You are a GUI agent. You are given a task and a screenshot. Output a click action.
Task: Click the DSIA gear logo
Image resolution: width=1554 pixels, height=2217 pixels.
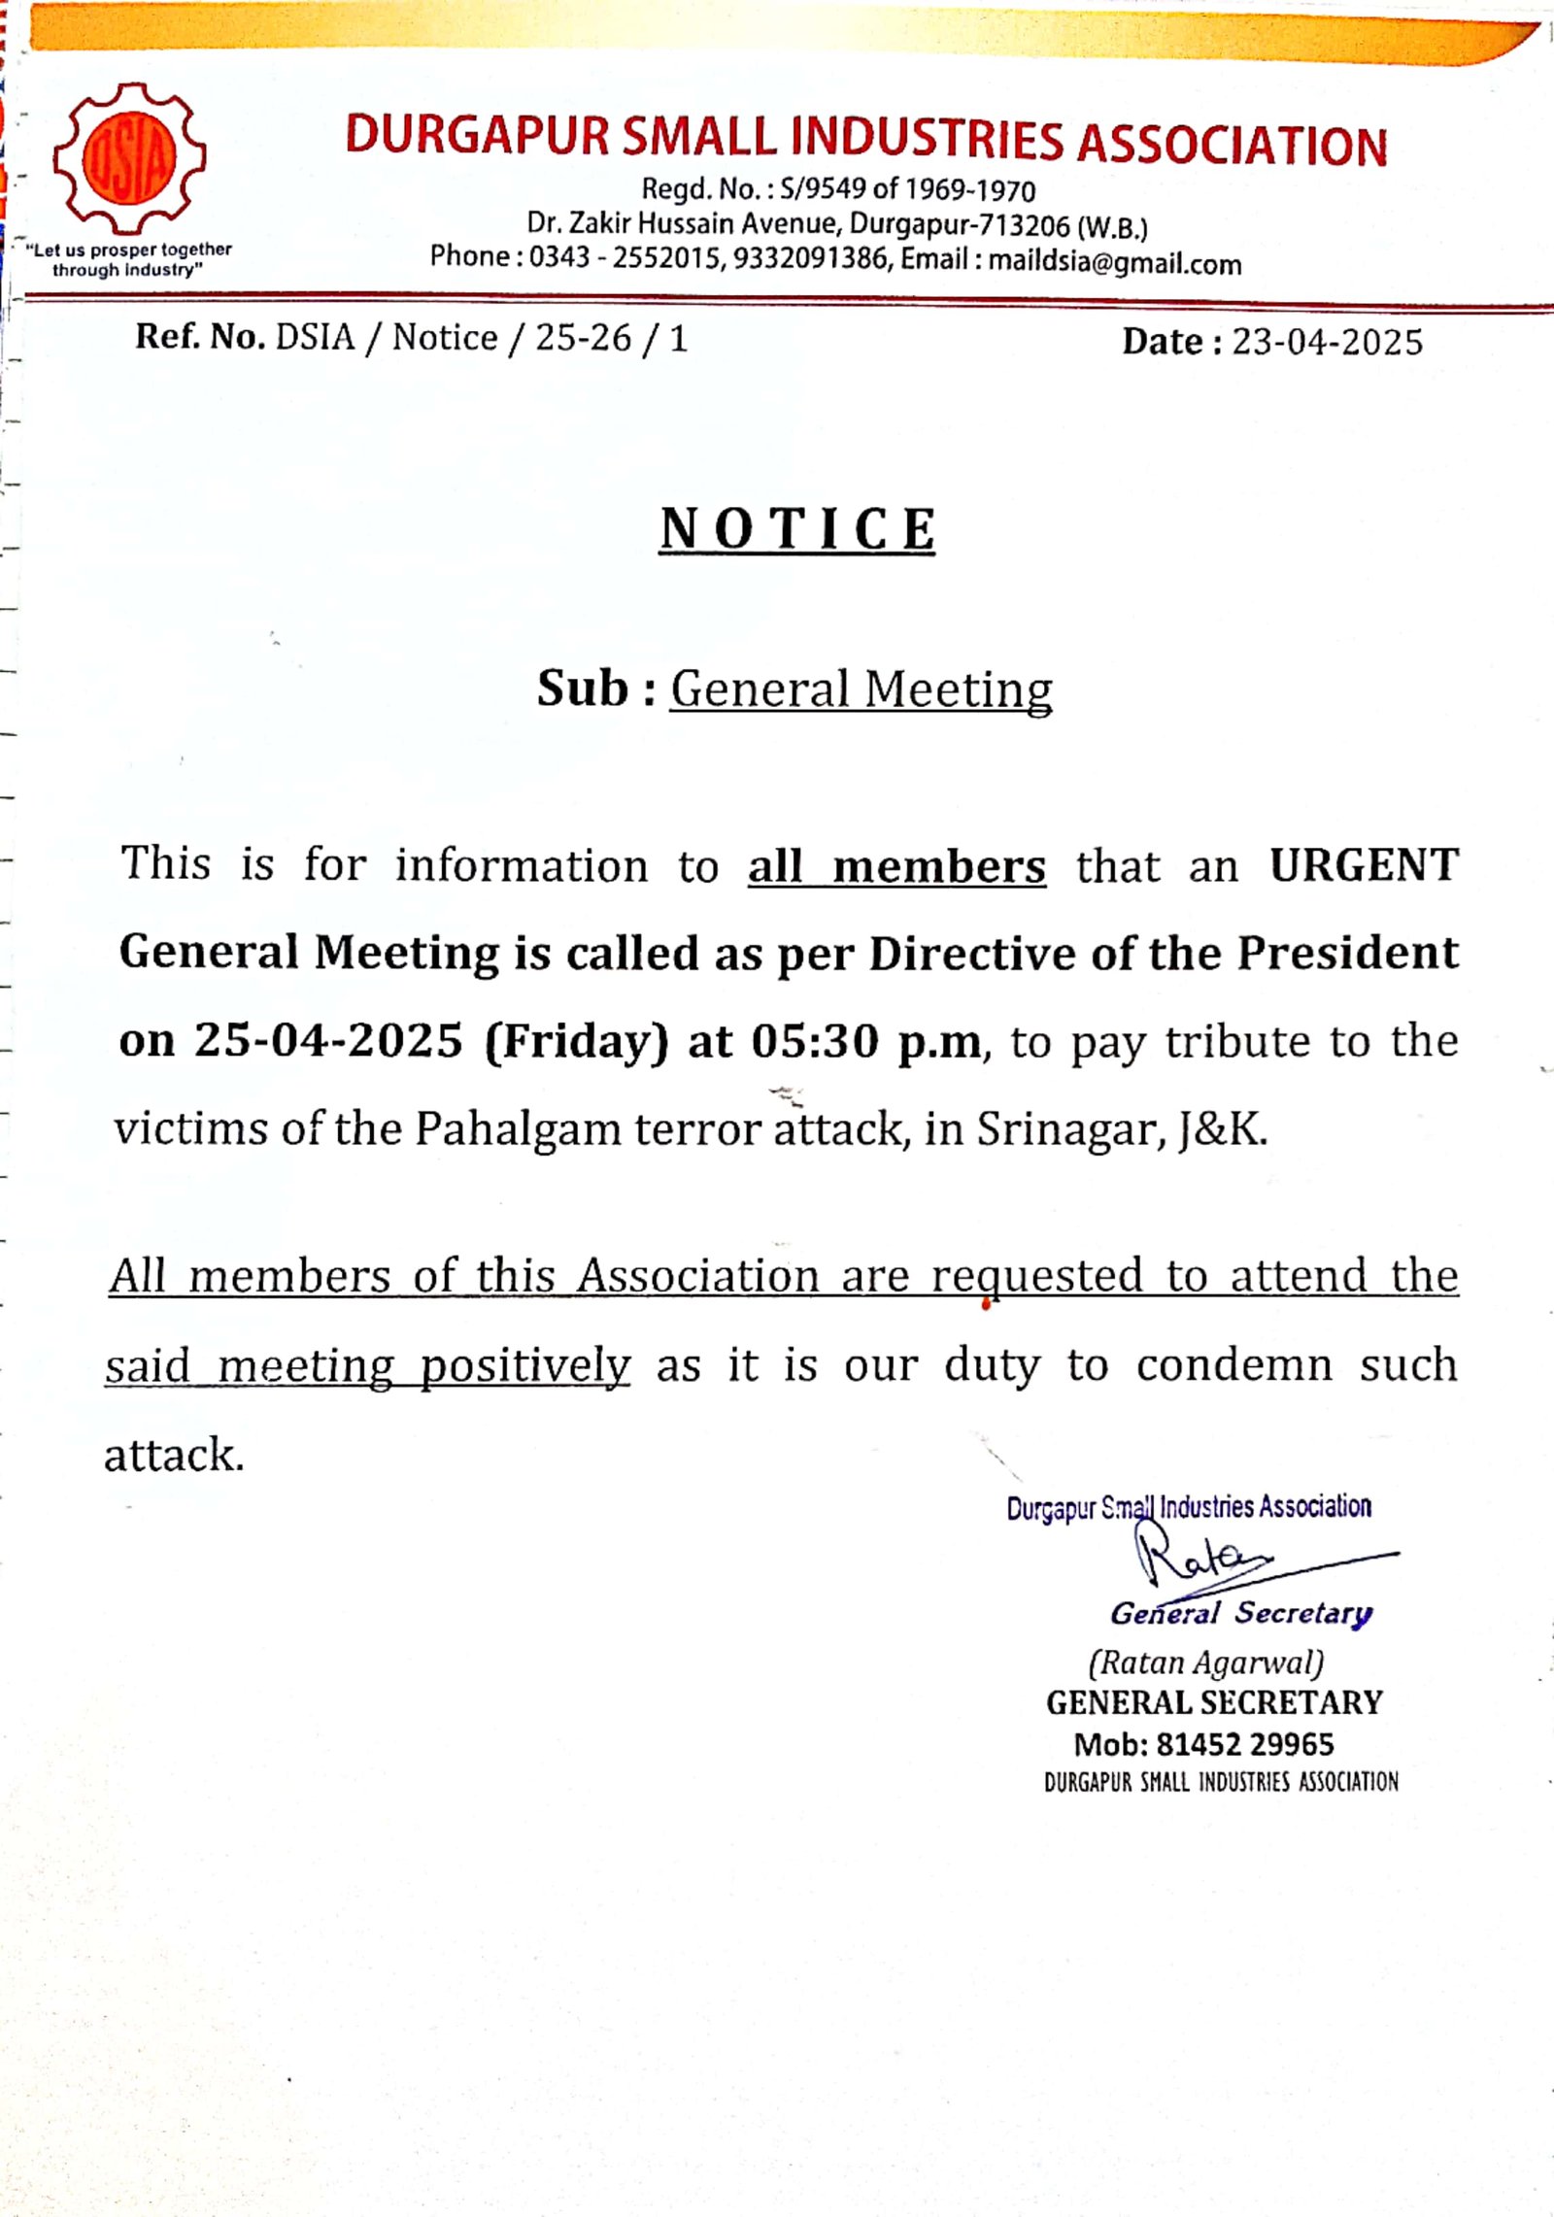[129, 158]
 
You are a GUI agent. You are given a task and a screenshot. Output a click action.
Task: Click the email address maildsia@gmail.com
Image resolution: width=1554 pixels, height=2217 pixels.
[1114, 263]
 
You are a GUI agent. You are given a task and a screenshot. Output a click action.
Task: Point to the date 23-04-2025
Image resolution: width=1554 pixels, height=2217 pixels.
[1327, 342]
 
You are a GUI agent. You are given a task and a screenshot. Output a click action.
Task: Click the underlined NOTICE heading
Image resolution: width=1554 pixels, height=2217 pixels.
[796, 530]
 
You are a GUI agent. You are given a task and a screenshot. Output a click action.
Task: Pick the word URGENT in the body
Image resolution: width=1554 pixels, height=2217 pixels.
[1364, 865]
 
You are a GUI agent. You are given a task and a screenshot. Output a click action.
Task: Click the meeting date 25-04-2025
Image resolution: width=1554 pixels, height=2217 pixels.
[328, 1041]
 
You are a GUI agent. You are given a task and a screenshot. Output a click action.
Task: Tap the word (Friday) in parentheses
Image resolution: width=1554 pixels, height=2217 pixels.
[577, 1041]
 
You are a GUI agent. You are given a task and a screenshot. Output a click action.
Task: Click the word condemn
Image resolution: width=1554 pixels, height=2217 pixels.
[1233, 1365]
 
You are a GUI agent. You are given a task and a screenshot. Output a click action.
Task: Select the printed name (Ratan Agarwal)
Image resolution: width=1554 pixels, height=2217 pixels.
[1205, 1663]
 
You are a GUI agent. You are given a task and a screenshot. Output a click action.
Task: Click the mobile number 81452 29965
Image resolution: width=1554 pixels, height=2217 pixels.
[1244, 1745]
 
